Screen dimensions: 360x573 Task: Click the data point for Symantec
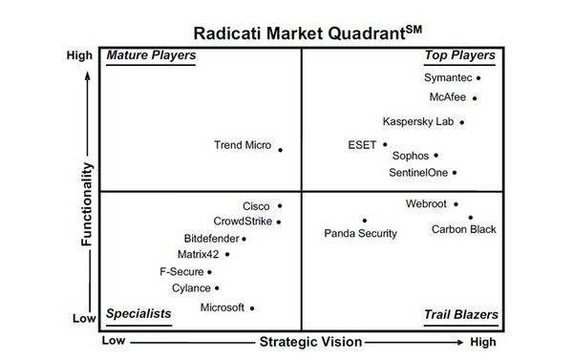click(478, 78)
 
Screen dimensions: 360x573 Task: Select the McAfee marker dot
click(475, 97)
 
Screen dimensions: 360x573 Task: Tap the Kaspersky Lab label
click(417, 122)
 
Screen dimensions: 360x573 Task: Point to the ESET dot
click(385, 145)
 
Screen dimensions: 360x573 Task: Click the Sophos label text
click(410, 156)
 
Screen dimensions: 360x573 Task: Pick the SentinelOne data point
click(455, 173)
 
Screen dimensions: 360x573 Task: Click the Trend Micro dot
click(280, 149)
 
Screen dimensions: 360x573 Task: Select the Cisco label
click(256, 206)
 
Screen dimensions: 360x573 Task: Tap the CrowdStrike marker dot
click(279, 222)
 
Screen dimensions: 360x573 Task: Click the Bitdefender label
click(210, 239)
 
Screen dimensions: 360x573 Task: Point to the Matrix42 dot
click(227, 255)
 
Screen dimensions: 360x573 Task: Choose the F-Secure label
click(180, 272)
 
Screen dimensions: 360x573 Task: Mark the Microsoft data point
click(252, 307)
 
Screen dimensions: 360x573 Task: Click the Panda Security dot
click(364, 221)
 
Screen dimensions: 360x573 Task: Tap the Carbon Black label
click(463, 230)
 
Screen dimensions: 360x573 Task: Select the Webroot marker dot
click(456, 204)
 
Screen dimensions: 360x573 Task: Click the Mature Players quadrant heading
click(151, 55)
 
